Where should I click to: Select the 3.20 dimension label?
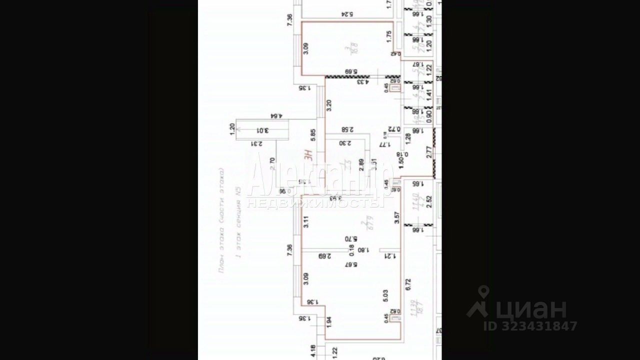[328, 105]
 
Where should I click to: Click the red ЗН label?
[309, 155]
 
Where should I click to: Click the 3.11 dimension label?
[306, 221]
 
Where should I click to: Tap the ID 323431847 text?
[530, 326]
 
